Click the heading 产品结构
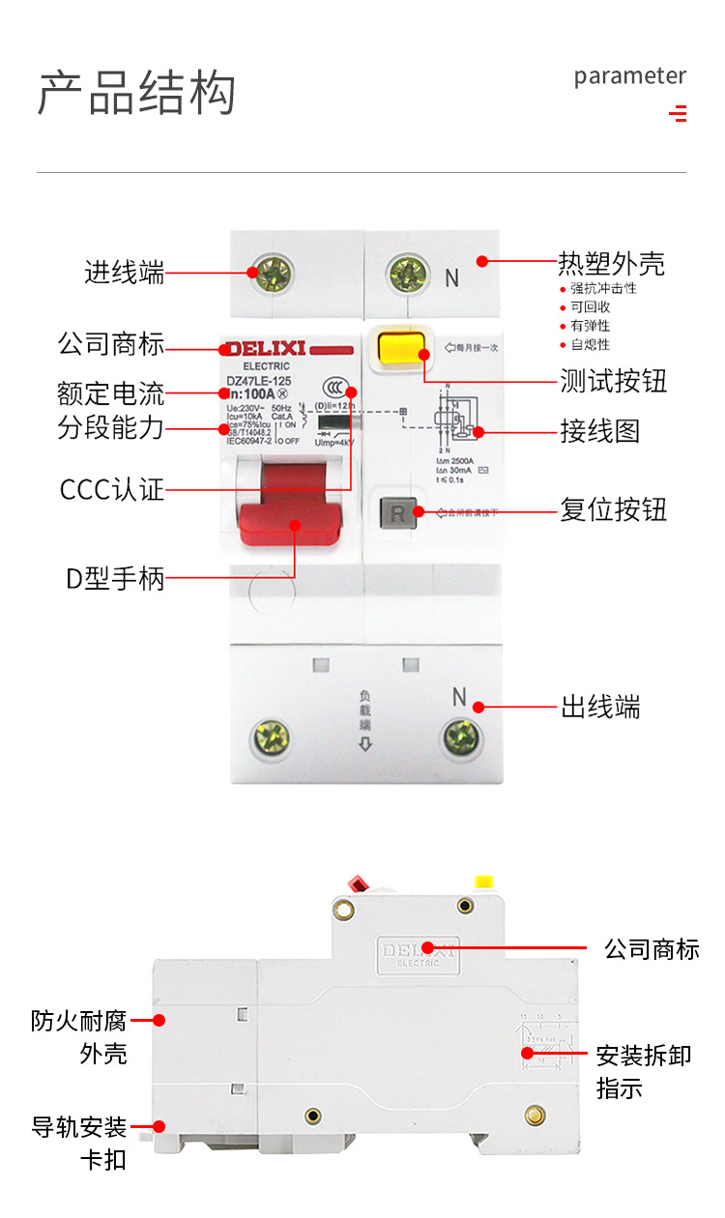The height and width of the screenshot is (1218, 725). coord(136,94)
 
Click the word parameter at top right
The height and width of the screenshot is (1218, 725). coord(629,76)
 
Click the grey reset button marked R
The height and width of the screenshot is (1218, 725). coord(398,511)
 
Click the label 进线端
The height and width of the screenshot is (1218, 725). coord(125,273)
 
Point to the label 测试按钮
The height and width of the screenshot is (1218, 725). coord(614,381)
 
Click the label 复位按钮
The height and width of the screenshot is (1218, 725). coord(614,509)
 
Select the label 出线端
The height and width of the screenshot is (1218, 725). coord(600,708)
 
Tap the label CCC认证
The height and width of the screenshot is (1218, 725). coord(112,490)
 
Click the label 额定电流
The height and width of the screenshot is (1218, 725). coord(111,393)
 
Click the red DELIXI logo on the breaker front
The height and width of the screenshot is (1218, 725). coord(267,348)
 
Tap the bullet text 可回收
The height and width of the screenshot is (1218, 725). coord(590,306)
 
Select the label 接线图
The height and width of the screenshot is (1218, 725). coord(600,431)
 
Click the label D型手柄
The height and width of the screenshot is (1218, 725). coord(115,580)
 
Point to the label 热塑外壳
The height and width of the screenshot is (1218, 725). coord(611,263)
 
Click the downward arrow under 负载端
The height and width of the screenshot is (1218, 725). coord(364,743)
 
